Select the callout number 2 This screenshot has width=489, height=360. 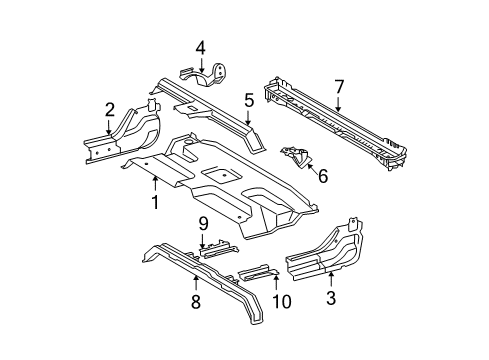[109, 111]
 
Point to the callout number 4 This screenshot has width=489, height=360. [200, 46]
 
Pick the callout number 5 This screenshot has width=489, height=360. [249, 99]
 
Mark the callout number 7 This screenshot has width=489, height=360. [339, 86]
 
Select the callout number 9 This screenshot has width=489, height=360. [202, 251]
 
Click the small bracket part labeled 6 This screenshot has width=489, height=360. [297, 157]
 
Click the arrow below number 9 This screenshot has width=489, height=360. [202, 266]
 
